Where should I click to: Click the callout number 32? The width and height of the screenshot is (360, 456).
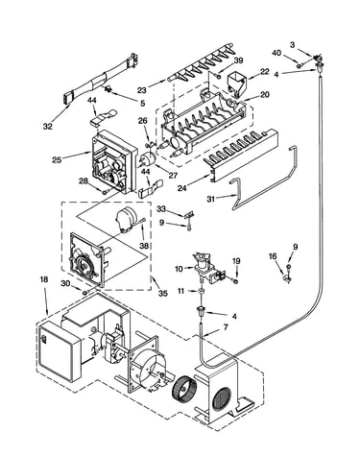(47, 127)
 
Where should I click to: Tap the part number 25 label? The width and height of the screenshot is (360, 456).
(57, 159)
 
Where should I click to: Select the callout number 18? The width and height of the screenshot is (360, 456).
(44, 279)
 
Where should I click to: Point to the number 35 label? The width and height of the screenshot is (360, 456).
(163, 293)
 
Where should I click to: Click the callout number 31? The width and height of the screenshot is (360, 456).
(211, 199)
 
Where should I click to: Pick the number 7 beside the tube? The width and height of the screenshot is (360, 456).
(226, 327)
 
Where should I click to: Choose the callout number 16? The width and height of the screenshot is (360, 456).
(273, 256)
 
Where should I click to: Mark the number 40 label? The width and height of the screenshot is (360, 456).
(276, 53)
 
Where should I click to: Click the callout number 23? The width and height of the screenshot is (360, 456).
(142, 90)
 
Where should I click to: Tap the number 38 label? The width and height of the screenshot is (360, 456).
(144, 246)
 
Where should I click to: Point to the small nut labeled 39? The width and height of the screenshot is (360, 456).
(218, 76)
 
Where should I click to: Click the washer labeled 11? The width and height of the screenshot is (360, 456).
(202, 291)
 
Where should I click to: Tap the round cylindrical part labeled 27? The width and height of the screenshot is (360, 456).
(148, 159)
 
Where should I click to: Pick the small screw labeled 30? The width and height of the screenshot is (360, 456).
(85, 293)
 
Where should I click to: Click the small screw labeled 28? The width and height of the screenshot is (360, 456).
(105, 192)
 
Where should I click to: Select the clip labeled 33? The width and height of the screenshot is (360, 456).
(189, 215)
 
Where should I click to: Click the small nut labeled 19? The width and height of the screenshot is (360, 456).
(235, 281)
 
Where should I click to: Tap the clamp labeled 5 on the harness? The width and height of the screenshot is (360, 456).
(108, 88)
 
